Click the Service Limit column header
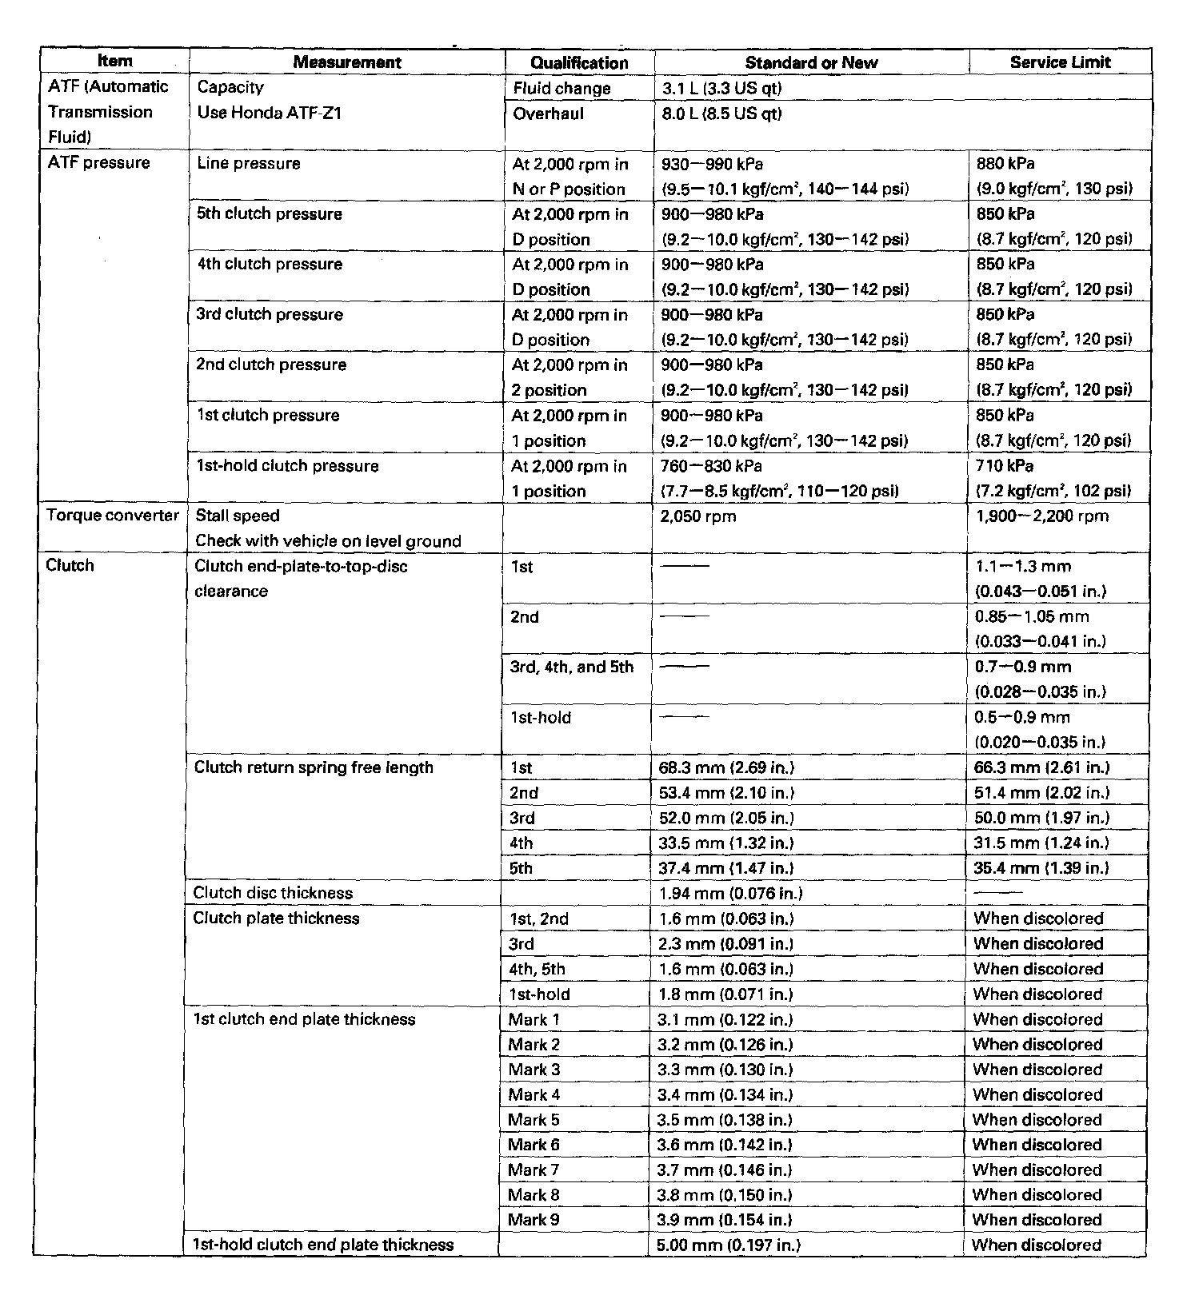click(x=1060, y=62)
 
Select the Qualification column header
click(x=579, y=62)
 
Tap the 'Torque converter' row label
click(x=113, y=516)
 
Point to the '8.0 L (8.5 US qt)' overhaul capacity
click(x=721, y=114)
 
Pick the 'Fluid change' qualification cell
click(x=562, y=89)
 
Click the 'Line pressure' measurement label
click(x=249, y=163)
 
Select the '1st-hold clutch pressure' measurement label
click(x=287, y=466)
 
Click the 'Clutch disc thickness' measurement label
click(x=273, y=893)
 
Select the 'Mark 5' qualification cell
click(x=534, y=1120)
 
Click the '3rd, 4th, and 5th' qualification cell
click(x=572, y=667)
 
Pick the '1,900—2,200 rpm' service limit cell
click(x=1042, y=516)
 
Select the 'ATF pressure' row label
click(x=99, y=163)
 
